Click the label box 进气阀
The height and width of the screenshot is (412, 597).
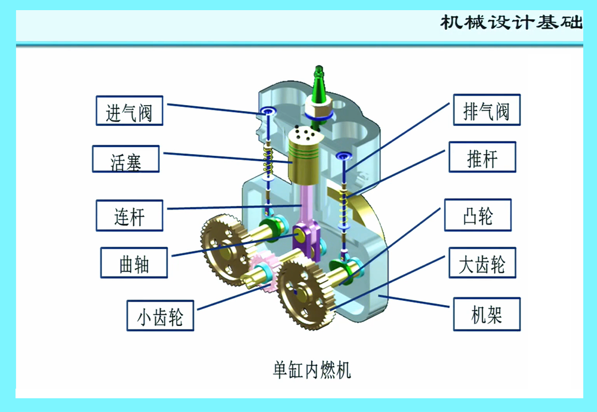pos(130,110)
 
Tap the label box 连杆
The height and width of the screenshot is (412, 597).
pos(130,215)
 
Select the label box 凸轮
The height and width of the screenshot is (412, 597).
pos(478,215)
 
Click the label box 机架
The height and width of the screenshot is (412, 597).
pos(487,314)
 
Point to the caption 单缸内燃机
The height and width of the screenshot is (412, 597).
pos(312,370)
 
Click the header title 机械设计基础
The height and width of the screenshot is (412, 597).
pos(510,22)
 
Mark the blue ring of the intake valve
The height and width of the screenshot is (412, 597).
pos(267,112)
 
